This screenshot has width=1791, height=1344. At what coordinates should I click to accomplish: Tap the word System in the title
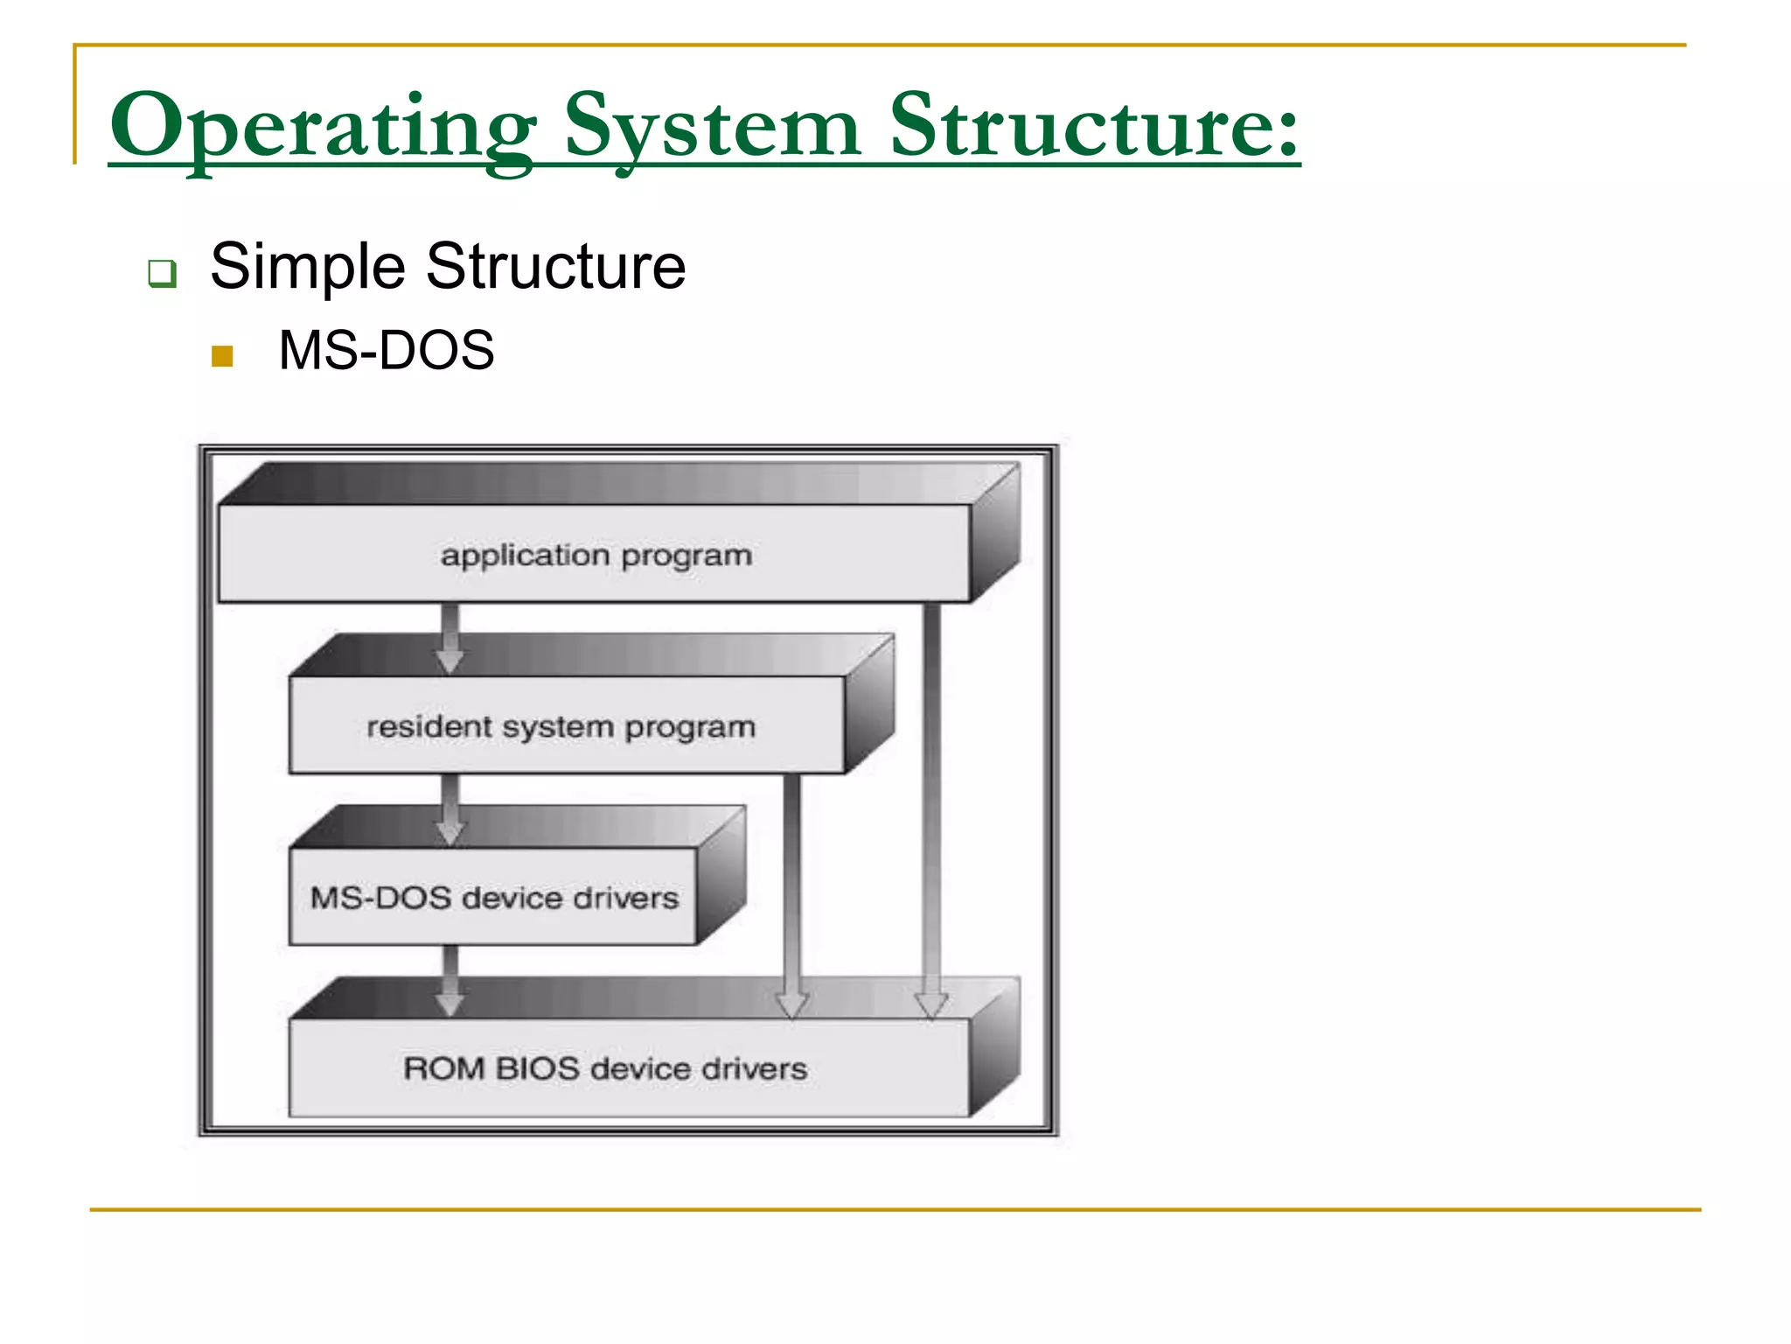712,127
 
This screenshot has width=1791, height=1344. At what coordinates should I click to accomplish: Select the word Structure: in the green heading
1093,127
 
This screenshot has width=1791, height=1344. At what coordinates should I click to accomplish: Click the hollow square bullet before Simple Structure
162,273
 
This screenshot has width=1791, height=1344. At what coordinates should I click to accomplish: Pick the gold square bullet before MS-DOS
222,355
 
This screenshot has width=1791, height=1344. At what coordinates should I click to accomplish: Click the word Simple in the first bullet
307,266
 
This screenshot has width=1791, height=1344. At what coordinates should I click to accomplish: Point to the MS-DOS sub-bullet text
386,351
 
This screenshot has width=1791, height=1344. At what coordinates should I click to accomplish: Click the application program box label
596,556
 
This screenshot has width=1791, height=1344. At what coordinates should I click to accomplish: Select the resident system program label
561,727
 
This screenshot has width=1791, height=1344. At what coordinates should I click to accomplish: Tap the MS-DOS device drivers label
494,898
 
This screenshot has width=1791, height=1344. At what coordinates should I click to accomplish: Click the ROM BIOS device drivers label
604,1068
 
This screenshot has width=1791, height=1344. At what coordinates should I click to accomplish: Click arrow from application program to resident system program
449,639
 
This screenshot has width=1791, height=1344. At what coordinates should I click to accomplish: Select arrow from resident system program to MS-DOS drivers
449,810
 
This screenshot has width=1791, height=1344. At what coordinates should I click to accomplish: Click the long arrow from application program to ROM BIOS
932,805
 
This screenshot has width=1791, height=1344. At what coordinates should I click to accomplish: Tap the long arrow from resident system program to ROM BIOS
791,892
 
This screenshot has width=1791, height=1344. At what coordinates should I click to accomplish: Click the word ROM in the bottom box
443,1068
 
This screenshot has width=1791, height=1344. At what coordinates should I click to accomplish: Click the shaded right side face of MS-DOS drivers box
721,875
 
